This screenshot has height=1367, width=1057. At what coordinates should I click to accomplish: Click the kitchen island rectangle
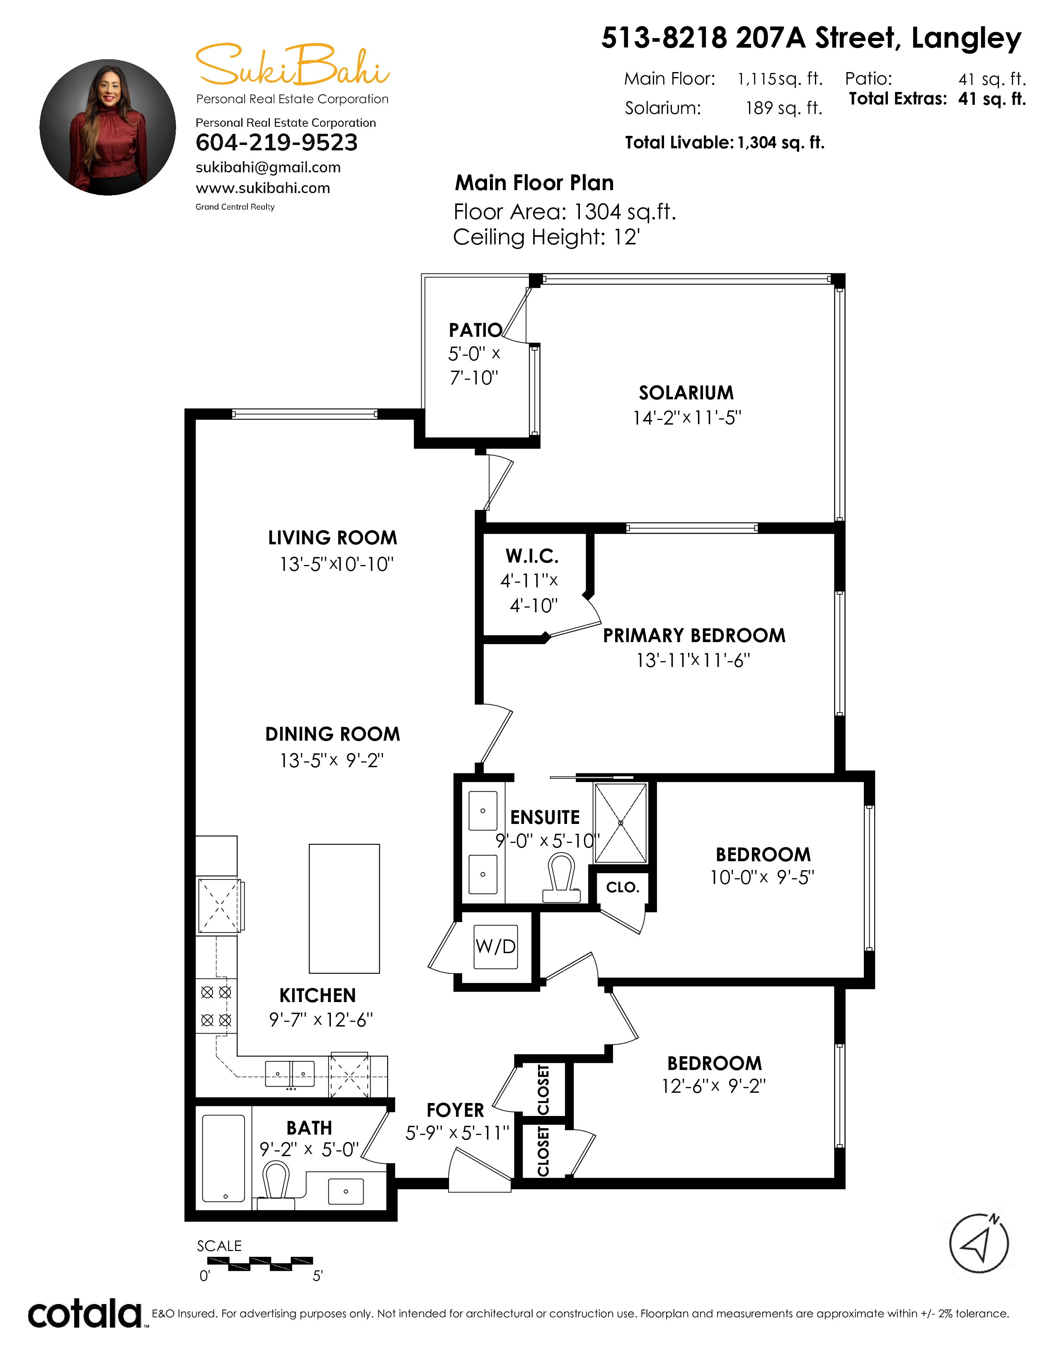344,908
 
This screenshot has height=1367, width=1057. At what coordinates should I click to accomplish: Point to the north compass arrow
979,1243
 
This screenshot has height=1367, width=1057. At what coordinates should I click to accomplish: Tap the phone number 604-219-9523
277,143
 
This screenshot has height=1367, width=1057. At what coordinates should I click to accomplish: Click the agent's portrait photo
108,127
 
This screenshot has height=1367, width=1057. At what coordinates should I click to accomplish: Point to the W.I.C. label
532,556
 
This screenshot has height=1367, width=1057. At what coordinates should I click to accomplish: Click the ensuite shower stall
621,823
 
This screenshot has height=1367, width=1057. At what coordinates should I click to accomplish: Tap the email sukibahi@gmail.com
268,168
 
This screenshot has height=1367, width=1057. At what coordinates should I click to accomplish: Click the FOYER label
455,1110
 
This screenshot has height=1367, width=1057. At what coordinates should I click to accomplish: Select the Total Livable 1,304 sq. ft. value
781,143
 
